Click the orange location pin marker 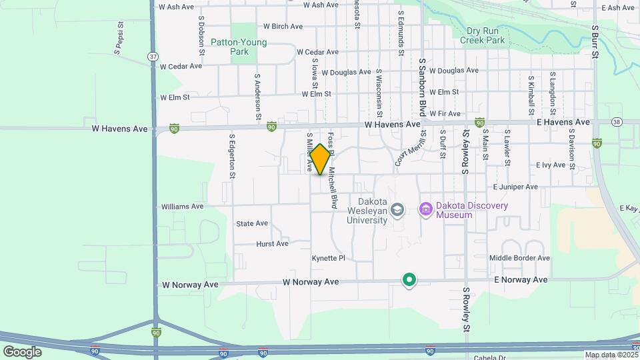pos(320,159)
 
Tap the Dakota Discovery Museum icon pos(425,210)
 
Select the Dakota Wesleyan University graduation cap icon pos(397,210)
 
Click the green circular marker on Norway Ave pos(409,280)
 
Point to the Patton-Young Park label pos(239,47)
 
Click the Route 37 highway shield pos(154,57)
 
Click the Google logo pos(22,351)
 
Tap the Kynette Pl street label pos(329,258)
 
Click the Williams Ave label pos(182,207)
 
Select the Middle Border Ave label pos(519,258)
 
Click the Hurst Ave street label pos(272,244)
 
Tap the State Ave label pos(252,223)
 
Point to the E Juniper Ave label pos(515,187)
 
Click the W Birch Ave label pos(283,27)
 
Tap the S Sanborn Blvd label pos(422,87)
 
